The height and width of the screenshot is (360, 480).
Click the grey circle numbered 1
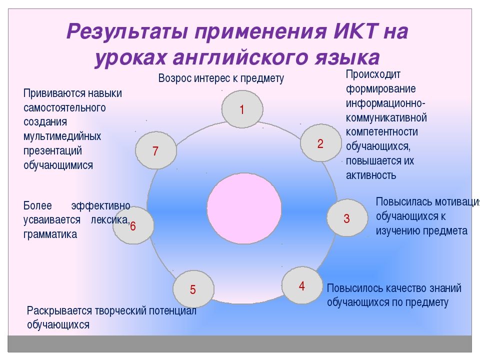(242, 109)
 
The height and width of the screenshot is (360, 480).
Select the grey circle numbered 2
(320, 143)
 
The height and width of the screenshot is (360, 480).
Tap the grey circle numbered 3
(347, 218)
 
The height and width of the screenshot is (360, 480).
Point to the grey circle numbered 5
(193, 289)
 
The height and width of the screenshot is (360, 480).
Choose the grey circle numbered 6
(133, 225)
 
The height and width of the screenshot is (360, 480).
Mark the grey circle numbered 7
(156, 149)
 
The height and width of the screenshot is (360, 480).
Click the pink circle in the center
(244, 209)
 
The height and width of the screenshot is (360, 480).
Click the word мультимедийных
(62, 136)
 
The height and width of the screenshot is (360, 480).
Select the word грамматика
(50, 234)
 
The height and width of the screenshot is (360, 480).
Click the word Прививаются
(53, 93)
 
